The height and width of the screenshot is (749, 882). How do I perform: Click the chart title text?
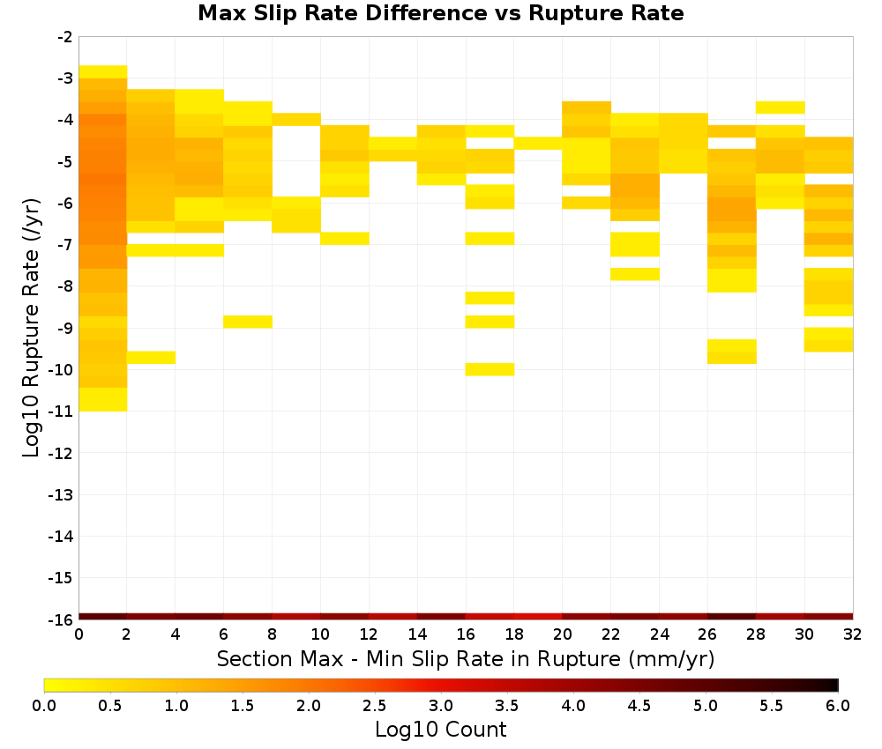[440, 13]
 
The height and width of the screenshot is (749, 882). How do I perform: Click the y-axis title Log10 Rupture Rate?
[31, 328]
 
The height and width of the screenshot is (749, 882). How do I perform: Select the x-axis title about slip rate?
[465, 658]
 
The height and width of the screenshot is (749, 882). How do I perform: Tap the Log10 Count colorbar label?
[440, 730]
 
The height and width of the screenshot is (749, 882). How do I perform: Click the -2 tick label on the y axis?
[64, 37]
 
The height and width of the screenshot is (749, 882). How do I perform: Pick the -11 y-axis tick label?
[61, 412]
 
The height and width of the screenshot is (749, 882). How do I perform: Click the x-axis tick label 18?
[514, 635]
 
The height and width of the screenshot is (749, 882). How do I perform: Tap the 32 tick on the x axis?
[853, 635]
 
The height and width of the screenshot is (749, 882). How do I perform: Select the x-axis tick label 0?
[78, 635]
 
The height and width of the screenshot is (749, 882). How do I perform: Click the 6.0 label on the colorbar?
[838, 706]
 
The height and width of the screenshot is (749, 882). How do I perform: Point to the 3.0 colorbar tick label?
[441, 706]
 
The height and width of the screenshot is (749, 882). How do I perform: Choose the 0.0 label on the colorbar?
[44, 706]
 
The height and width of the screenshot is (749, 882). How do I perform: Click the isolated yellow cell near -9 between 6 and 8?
[248, 322]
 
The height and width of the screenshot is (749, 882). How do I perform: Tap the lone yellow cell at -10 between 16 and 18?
[490, 369]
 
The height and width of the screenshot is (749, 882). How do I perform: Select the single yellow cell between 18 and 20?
[538, 144]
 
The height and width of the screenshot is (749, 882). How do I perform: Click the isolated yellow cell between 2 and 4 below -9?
[152, 358]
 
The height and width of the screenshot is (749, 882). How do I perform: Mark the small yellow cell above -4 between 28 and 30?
[781, 108]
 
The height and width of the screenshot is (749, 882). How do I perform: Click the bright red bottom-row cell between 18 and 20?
[538, 617]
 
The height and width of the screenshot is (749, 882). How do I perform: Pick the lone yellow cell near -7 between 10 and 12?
[345, 238]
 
